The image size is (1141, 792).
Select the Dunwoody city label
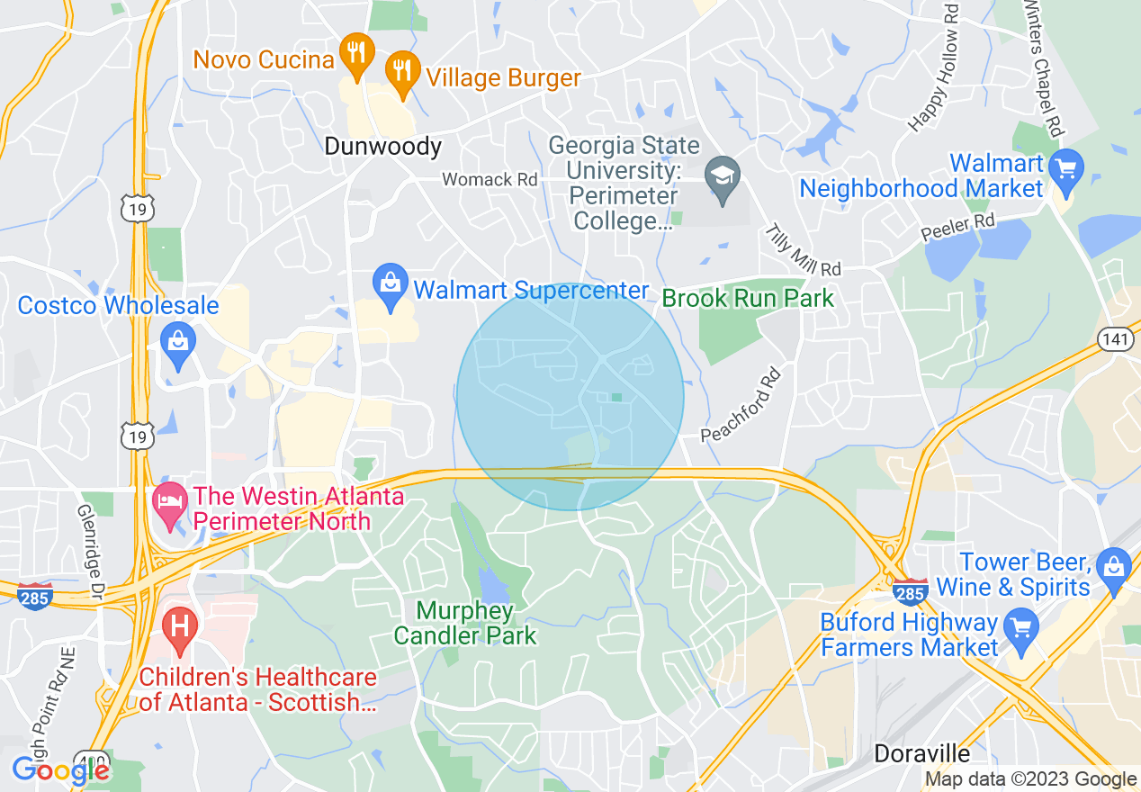pyautogui.click(x=383, y=146)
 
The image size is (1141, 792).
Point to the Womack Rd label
pyautogui.click(x=490, y=180)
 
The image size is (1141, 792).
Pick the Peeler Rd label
pyautogui.click(x=958, y=226)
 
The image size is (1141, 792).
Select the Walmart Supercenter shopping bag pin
pyautogui.click(x=391, y=285)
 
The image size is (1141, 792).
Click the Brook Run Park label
pyautogui.click(x=748, y=298)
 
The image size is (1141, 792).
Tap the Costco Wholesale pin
pyautogui.click(x=178, y=342)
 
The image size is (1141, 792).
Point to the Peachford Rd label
pyautogui.click(x=740, y=405)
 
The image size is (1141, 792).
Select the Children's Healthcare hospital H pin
pyautogui.click(x=179, y=626)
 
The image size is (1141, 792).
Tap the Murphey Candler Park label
pyautogui.click(x=465, y=624)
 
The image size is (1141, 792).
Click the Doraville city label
pyautogui.click(x=923, y=752)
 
